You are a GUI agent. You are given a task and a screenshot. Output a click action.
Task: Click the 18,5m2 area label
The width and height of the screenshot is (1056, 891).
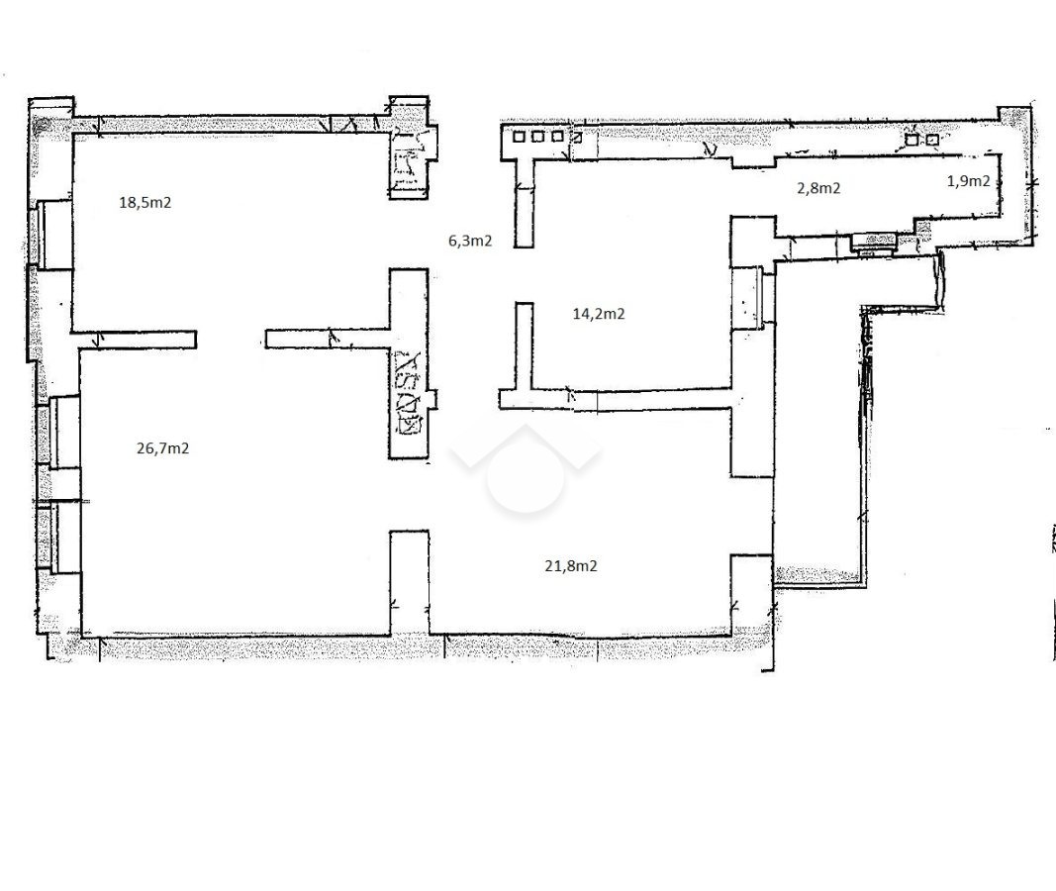point(144,202)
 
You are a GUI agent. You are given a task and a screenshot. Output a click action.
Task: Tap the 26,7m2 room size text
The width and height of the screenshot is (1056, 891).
point(162,448)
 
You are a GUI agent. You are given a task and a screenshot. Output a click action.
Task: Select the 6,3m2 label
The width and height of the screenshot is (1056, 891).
point(470,241)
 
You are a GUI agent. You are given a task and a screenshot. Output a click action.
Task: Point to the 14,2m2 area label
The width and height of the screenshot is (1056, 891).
point(599,314)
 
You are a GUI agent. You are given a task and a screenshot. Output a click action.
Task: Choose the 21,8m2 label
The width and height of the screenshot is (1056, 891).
point(570,566)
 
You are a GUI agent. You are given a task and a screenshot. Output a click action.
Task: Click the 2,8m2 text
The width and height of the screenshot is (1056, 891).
point(818,188)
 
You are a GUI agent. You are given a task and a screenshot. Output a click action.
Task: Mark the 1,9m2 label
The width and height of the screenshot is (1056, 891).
point(969,181)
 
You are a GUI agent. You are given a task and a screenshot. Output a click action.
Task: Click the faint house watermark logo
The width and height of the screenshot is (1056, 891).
point(526,468)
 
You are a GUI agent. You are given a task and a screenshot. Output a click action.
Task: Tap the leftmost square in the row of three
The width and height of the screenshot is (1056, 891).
point(519,137)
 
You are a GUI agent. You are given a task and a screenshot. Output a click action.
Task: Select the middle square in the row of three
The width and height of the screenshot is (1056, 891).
point(537,137)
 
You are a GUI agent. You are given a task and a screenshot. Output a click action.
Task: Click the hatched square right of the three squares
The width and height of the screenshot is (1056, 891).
point(577,138)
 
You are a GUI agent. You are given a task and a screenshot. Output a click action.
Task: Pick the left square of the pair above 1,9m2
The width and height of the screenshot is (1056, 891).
point(912,140)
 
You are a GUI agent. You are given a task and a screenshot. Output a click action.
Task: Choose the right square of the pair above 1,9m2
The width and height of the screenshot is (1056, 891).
point(932,140)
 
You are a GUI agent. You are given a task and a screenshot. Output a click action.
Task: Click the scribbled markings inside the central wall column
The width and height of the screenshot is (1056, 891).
point(409,394)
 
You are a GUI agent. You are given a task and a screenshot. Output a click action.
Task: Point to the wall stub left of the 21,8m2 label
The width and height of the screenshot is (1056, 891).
point(410,582)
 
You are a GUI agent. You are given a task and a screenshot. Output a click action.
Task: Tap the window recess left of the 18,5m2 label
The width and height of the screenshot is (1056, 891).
point(53,235)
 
